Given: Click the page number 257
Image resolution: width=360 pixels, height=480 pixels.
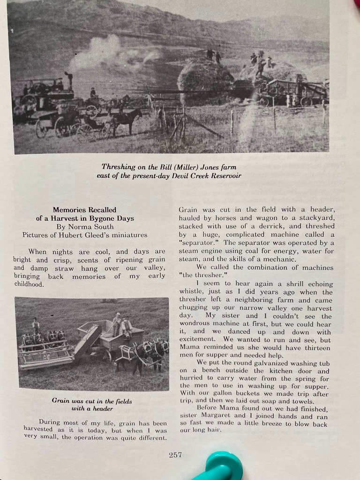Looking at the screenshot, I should point(175,454).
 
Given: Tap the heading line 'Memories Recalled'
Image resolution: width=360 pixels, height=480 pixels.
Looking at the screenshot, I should point(84,210).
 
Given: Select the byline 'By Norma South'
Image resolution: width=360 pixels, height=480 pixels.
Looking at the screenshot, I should point(84,226).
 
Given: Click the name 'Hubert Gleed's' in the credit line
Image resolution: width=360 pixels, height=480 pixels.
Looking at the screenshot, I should point(85,235).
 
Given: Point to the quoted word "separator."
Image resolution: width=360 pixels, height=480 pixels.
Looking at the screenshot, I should point(200,243).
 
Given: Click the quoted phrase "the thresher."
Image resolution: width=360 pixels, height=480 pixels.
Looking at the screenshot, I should point(200,276).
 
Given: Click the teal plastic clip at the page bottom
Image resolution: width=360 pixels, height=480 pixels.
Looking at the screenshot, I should point(220,467).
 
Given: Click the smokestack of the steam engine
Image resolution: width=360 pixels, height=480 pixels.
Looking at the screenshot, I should point(69,81).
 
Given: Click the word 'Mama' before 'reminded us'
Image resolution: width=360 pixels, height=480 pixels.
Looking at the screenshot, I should point(188,348).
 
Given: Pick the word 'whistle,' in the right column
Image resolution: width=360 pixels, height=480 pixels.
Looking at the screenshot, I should point(190,292).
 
